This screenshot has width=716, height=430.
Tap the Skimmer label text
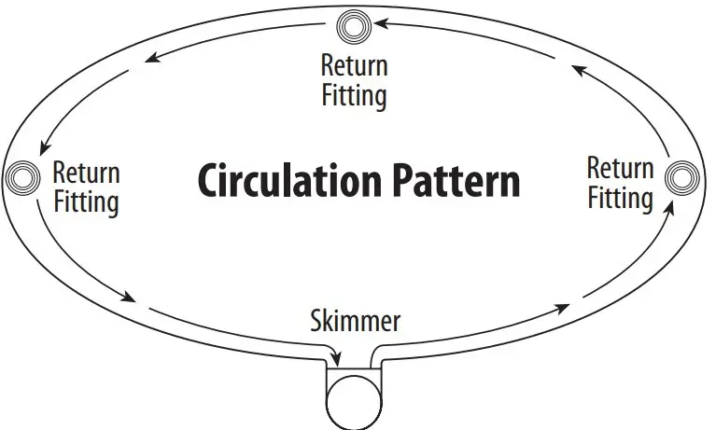pyautogui.click(x=355, y=322)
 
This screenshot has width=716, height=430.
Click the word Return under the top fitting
pyautogui.click(x=354, y=65)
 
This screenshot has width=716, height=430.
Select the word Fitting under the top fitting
pyautogui.click(x=354, y=94)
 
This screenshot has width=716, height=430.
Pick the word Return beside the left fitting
pyautogui.click(x=86, y=172)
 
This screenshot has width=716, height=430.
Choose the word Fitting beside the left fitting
pyautogui.click(x=86, y=201)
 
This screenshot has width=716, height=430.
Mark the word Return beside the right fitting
pyautogui.click(x=620, y=169)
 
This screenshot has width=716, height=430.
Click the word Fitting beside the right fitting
pyautogui.click(x=620, y=198)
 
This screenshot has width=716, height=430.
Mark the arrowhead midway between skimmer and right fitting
pyautogui.click(x=561, y=308)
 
